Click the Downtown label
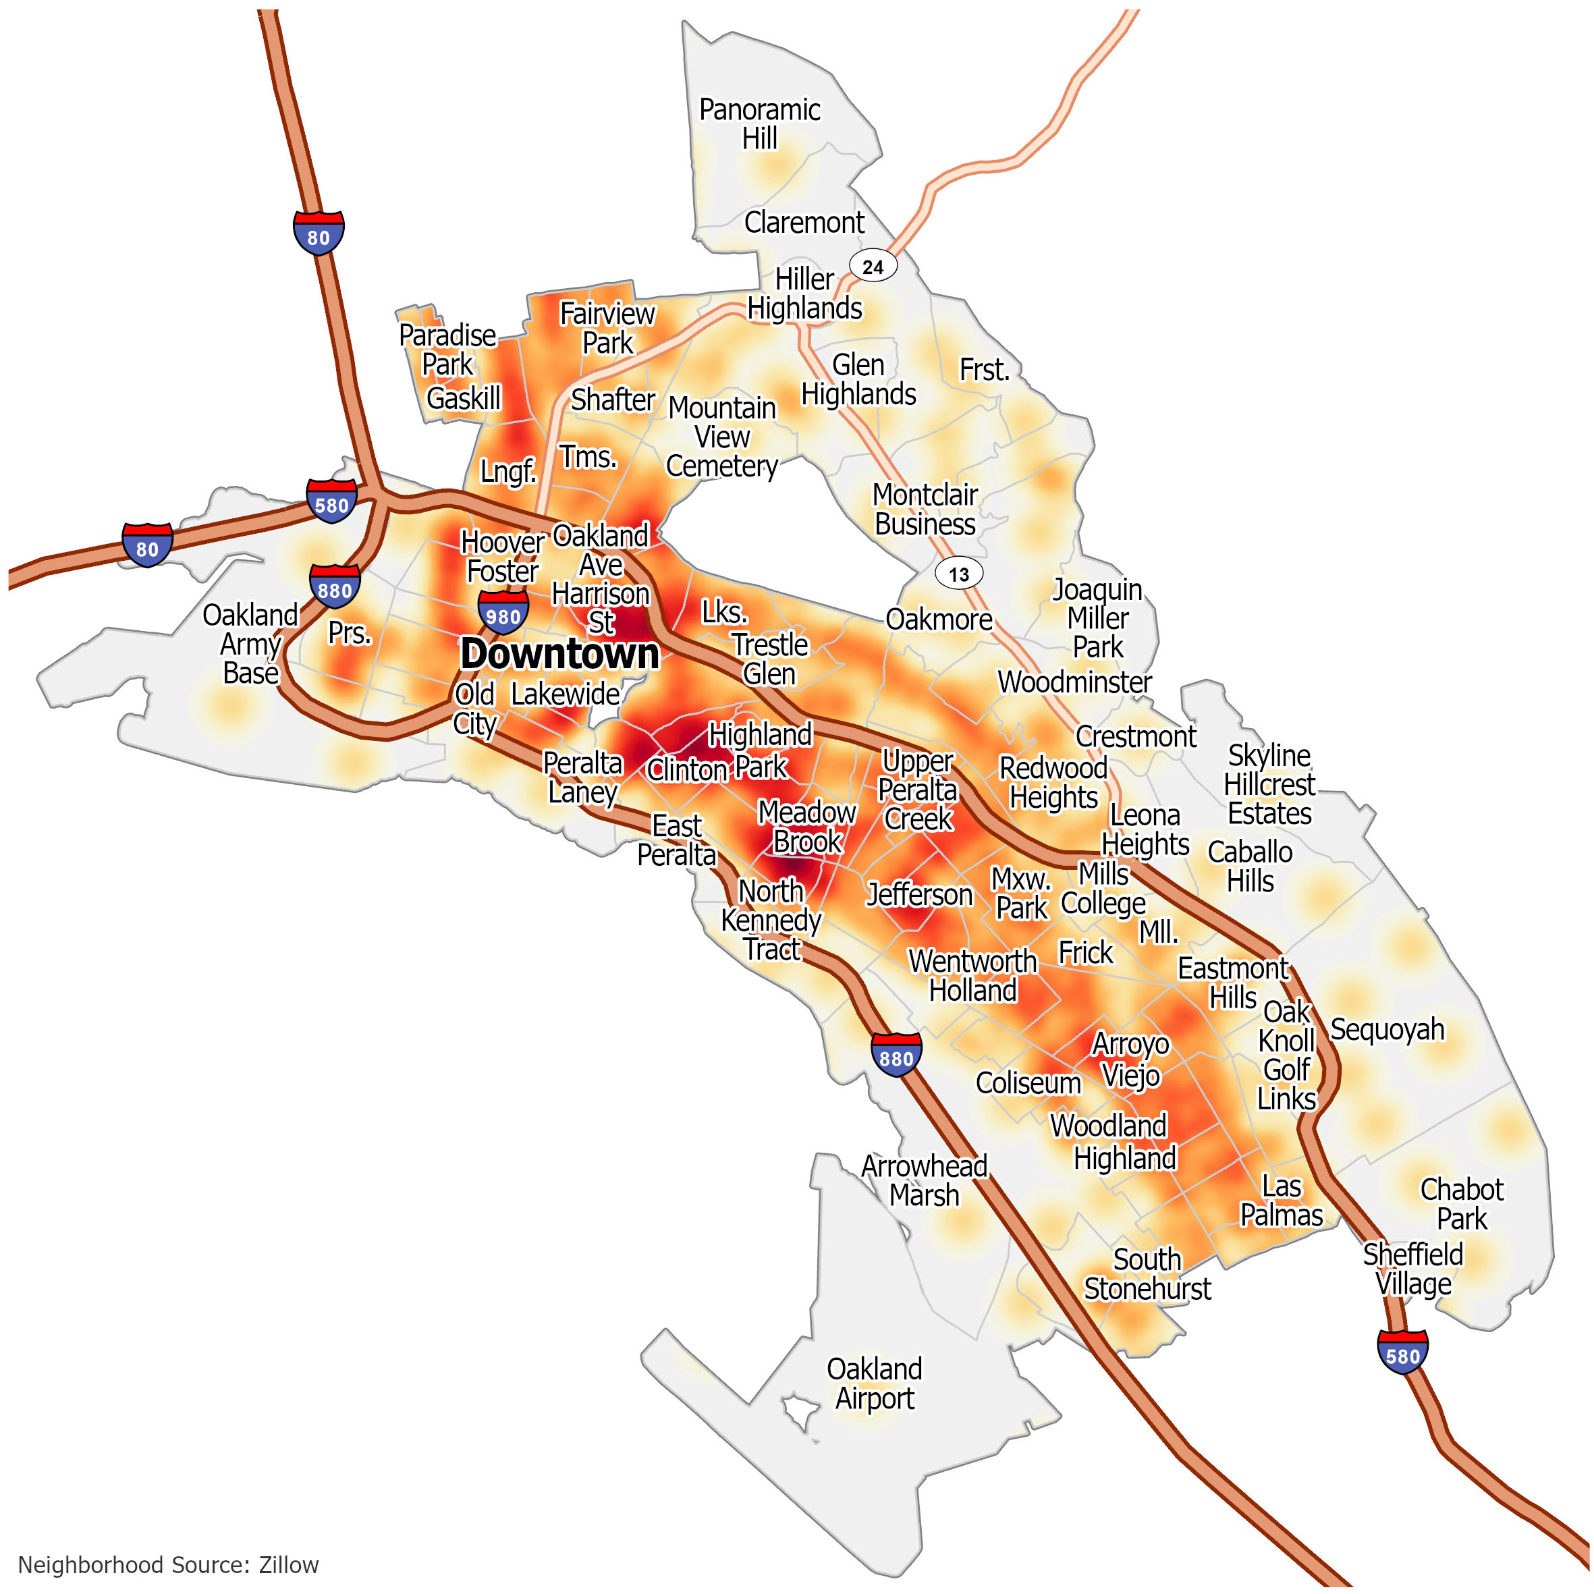click(x=559, y=654)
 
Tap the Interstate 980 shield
click(x=503, y=613)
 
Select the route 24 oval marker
click(x=872, y=267)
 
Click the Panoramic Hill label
click(x=759, y=123)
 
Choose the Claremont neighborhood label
click(x=804, y=222)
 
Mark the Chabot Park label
click(x=1461, y=1204)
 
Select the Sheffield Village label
click(x=1412, y=1269)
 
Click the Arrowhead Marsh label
click(x=924, y=1180)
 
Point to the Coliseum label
click(x=1028, y=1082)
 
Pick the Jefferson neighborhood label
click(x=919, y=894)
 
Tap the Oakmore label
click(x=938, y=619)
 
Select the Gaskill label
click(x=463, y=398)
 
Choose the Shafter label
click(x=613, y=400)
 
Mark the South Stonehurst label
click(x=1147, y=1274)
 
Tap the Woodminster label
click(x=1074, y=682)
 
